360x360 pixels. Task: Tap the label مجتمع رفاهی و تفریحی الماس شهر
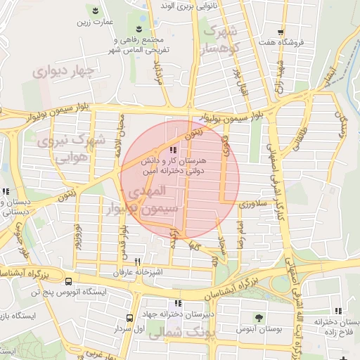pos(137,44)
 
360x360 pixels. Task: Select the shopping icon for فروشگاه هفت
pos(281,32)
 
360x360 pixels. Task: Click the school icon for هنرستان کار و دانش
pos(173,150)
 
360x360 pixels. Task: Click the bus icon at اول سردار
pos(129,319)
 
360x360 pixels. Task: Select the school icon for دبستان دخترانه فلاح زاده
pos(338,311)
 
